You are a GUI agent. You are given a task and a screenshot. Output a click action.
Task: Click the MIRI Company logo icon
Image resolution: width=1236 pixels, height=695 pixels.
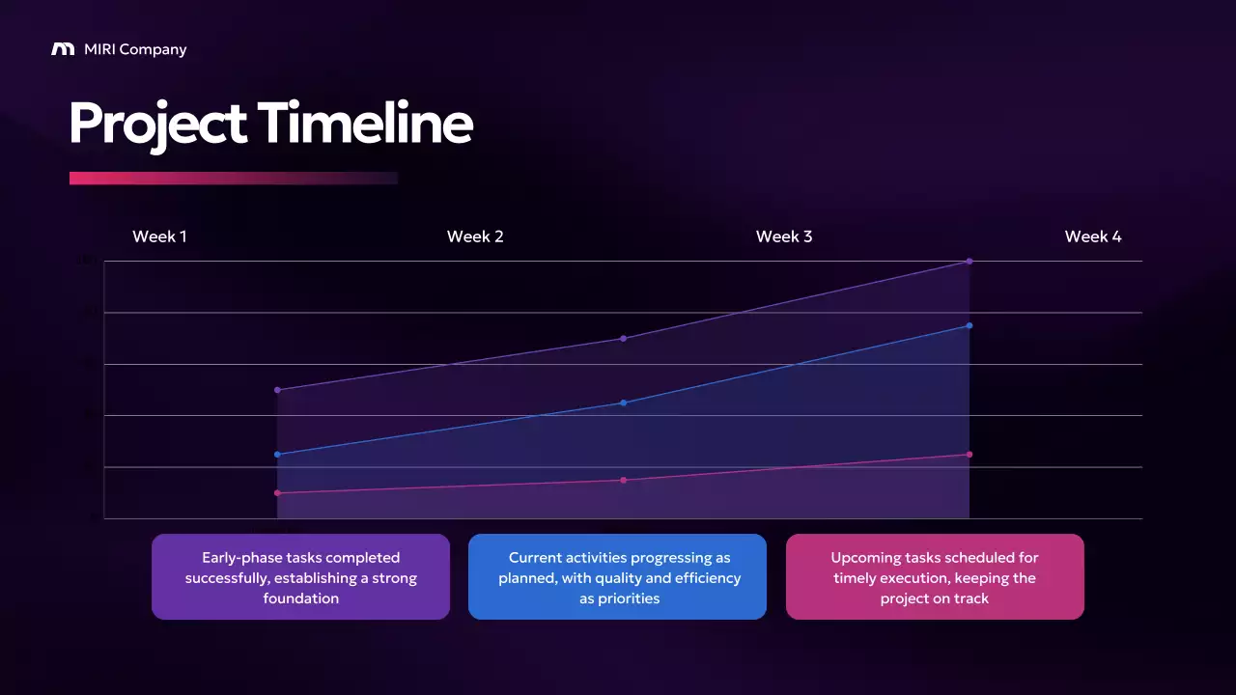(63, 49)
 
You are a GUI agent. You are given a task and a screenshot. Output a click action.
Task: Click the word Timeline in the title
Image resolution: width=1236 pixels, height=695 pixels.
(365, 124)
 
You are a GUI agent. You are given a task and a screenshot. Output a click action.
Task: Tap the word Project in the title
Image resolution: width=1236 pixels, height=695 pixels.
(157, 125)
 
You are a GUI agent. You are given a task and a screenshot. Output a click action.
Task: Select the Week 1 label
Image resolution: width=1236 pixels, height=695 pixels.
(159, 236)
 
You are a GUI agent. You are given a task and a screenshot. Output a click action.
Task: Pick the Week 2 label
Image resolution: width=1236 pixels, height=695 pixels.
(475, 236)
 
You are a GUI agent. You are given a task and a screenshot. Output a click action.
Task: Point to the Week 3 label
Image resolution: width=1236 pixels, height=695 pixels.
(784, 236)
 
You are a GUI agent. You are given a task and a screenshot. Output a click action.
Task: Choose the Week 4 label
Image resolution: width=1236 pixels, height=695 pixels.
(1093, 236)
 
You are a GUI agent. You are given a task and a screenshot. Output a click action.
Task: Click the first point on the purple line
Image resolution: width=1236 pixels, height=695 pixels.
(277, 390)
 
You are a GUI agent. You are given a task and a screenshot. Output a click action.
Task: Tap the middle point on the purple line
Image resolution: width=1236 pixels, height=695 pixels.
(624, 338)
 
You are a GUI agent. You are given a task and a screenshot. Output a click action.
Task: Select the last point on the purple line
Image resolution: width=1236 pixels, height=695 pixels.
(969, 262)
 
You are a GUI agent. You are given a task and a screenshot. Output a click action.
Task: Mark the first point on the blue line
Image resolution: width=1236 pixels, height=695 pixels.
(277, 454)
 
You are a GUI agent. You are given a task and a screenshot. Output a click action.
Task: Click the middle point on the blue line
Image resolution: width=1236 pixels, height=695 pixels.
(624, 403)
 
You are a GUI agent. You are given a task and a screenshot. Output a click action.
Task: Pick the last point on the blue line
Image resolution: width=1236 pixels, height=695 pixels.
(969, 325)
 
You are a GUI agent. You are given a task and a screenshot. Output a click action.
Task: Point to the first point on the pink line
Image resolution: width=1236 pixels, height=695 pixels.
(277, 493)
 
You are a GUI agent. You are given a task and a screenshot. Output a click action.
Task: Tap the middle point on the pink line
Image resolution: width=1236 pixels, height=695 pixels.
(624, 480)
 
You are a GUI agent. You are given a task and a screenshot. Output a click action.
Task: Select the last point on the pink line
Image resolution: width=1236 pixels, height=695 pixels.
(969, 454)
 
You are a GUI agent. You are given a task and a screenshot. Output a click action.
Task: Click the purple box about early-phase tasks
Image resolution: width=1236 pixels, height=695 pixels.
(300, 577)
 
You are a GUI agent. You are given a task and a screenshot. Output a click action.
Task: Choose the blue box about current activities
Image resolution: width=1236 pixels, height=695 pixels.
(618, 577)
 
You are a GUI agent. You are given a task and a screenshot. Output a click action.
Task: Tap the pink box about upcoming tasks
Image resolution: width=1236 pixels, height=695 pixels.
(935, 577)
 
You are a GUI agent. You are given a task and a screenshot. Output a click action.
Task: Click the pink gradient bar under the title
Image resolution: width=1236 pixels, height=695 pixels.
(232, 178)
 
